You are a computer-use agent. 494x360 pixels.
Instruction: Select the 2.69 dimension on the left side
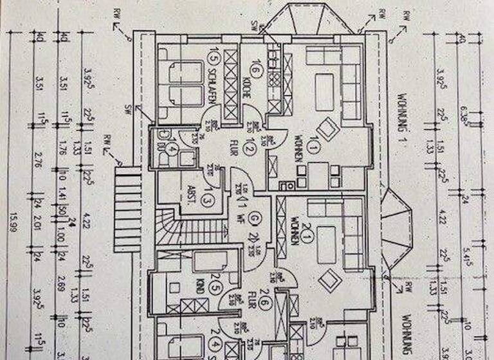62,280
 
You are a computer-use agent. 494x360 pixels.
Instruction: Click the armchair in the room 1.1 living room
327,130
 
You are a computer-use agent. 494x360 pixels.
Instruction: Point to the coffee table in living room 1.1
324,84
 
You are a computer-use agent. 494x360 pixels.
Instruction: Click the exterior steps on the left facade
127,208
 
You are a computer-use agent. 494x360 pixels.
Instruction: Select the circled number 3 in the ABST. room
207,200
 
